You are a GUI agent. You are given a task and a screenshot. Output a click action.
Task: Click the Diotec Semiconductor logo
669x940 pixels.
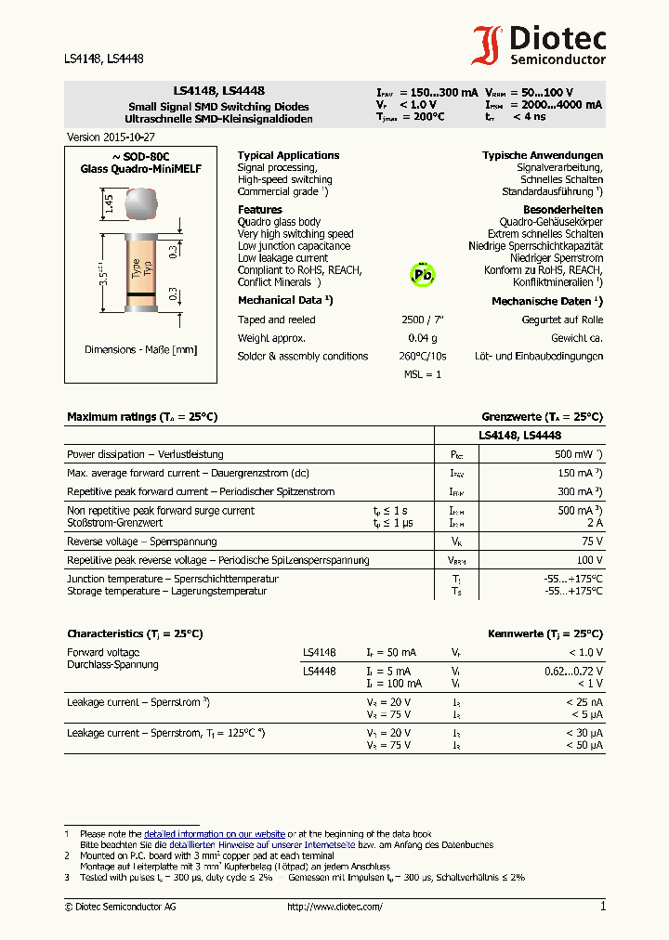click(539, 45)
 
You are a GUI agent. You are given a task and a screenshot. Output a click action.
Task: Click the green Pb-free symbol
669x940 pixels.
click(422, 275)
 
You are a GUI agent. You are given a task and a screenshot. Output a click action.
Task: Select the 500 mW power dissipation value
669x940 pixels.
click(579, 454)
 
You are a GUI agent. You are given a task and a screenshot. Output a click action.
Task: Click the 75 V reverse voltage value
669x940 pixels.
click(591, 542)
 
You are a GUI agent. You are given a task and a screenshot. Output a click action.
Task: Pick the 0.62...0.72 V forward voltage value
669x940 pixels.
click(572, 671)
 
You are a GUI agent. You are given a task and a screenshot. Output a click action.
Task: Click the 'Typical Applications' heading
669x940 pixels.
click(288, 155)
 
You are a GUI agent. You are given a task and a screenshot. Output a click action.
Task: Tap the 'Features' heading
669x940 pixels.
click(259, 210)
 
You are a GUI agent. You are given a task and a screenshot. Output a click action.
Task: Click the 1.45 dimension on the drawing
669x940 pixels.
click(109, 204)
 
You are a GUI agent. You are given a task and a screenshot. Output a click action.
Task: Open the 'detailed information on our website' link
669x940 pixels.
click(214, 834)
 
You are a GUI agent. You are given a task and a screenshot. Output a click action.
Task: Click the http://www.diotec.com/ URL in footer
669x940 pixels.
click(334, 907)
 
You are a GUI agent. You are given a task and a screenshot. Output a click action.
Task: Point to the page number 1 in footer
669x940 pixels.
click(602, 907)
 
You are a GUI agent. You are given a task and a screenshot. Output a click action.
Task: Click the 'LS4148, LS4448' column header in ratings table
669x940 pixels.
click(519, 435)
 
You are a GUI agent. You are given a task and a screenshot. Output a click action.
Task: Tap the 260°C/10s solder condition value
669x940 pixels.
click(423, 356)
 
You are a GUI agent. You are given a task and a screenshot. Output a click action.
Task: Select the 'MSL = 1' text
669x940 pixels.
click(423, 373)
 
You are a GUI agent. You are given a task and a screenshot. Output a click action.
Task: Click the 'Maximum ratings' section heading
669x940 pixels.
click(142, 417)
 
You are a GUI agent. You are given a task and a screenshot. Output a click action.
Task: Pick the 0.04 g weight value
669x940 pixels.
click(423, 338)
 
